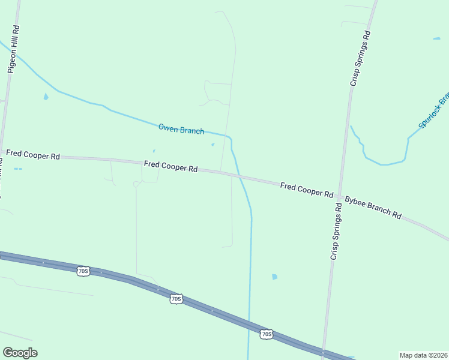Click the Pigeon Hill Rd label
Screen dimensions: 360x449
pos(14,49)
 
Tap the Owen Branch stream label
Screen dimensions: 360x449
pos(181,128)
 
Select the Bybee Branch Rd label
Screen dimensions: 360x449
pos(372,206)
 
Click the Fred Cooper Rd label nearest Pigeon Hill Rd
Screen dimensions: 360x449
pos(32,155)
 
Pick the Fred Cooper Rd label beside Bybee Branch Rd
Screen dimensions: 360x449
pos(306,190)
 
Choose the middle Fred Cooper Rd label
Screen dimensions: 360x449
pos(170,166)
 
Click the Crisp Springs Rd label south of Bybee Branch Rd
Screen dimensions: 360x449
pos(336,231)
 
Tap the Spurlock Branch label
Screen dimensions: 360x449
pos(434,110)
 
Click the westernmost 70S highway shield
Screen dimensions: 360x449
pos(83,271)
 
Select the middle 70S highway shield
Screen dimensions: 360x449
pos(175,298)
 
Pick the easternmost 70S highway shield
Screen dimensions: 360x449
pos(267,334)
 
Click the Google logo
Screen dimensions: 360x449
pos(20,353)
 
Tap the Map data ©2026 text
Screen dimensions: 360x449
pos(423,355)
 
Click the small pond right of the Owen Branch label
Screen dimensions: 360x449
pos(212,145)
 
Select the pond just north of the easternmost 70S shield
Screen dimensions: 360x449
pos(274,277)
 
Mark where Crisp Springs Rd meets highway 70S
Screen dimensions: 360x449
pos(324,350)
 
